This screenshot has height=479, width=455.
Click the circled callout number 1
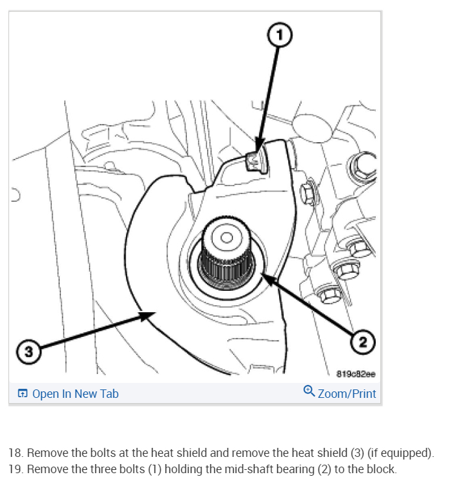281,35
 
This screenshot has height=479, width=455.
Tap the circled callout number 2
363,340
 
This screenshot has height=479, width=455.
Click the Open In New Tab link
75,393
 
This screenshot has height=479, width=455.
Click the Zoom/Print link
347,393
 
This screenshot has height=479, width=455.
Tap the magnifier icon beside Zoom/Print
309,391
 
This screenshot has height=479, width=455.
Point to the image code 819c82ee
356,374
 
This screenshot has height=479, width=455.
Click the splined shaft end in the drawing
226,254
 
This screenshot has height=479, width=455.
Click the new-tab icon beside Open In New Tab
23,393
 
